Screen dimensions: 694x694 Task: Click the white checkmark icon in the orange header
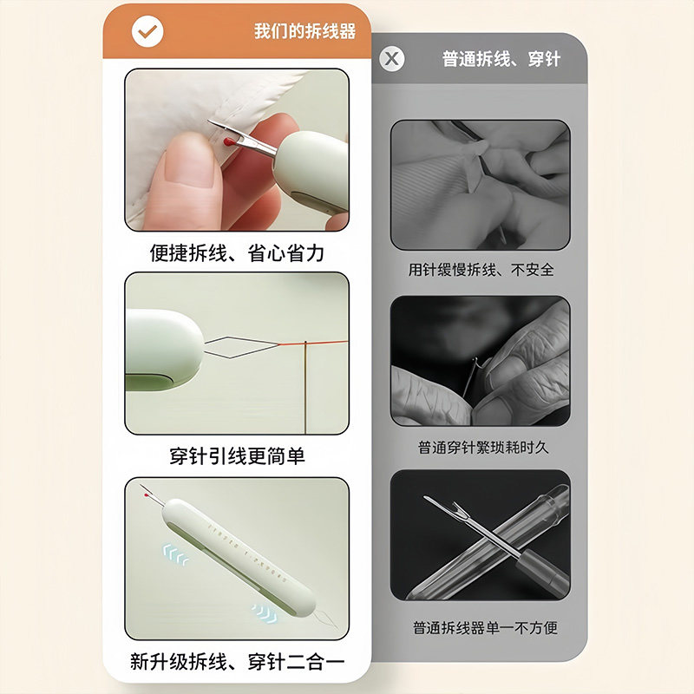(x=147, y=32)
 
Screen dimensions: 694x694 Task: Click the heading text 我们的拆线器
(x=304, y=32)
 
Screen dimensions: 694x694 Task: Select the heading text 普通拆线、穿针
(x=501, y=59)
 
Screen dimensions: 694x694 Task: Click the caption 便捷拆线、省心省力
(x=237, y=252)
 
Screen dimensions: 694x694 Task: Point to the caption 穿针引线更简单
(x=237, y=455)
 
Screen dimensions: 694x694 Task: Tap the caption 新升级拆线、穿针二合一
(x=237, y=661)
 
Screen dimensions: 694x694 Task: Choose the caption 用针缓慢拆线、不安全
(x=481, y=270)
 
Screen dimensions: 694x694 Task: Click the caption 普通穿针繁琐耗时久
(x=481, y=448)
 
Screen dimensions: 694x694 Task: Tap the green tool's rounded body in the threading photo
(x=160, y=347)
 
